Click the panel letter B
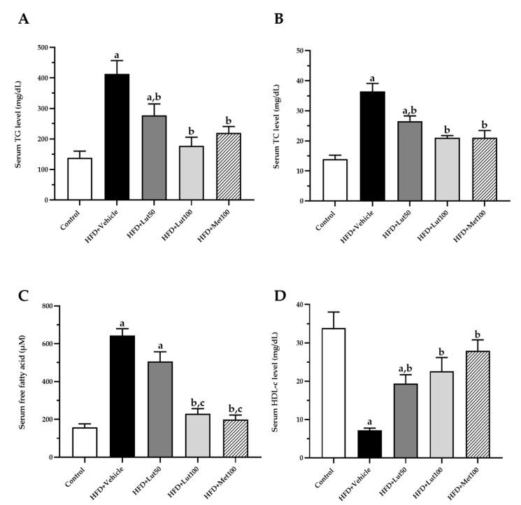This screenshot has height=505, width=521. pyautogui.click(x=279, y=19)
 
